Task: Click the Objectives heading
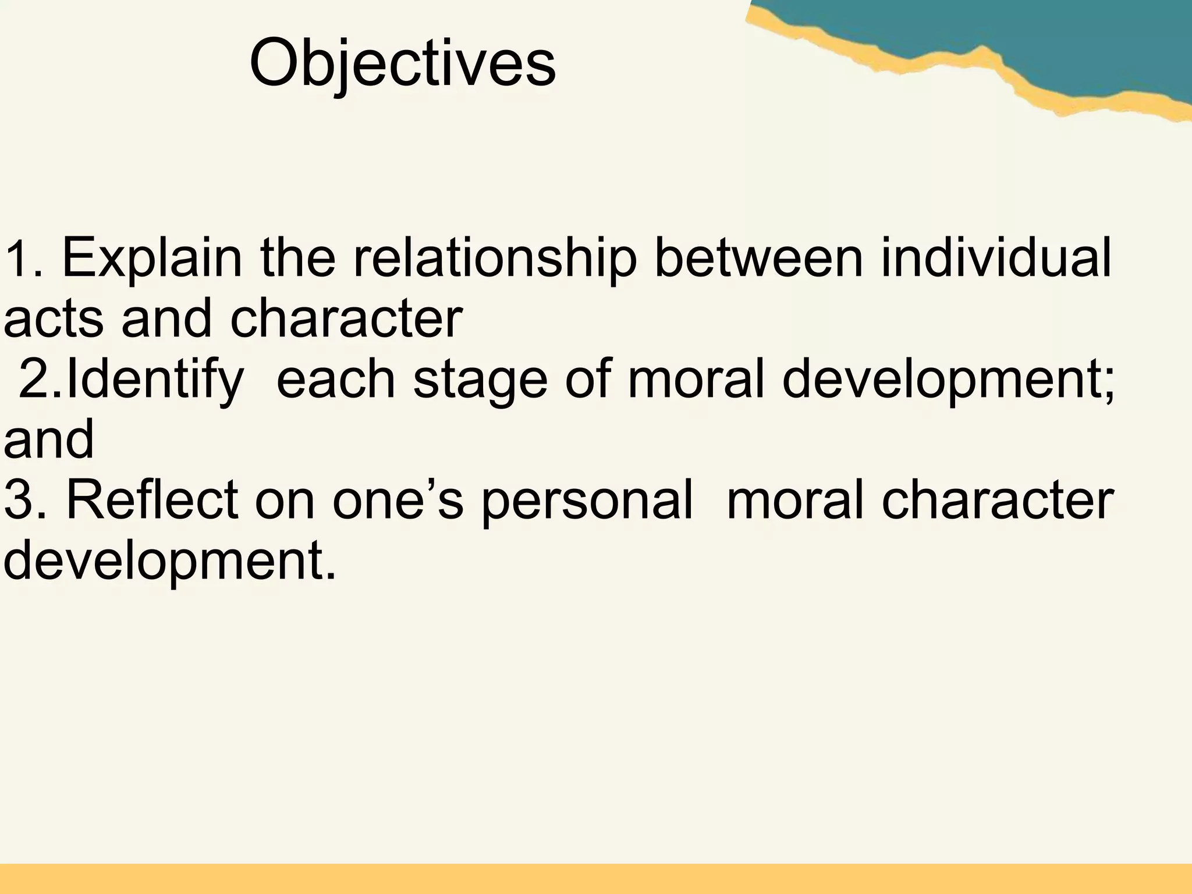click(402, 63)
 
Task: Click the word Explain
click(151, 258)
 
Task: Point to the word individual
click(996, 258)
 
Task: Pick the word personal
click(587, 501)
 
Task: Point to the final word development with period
click(169, 562)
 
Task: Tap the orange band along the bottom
click(596, 879)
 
